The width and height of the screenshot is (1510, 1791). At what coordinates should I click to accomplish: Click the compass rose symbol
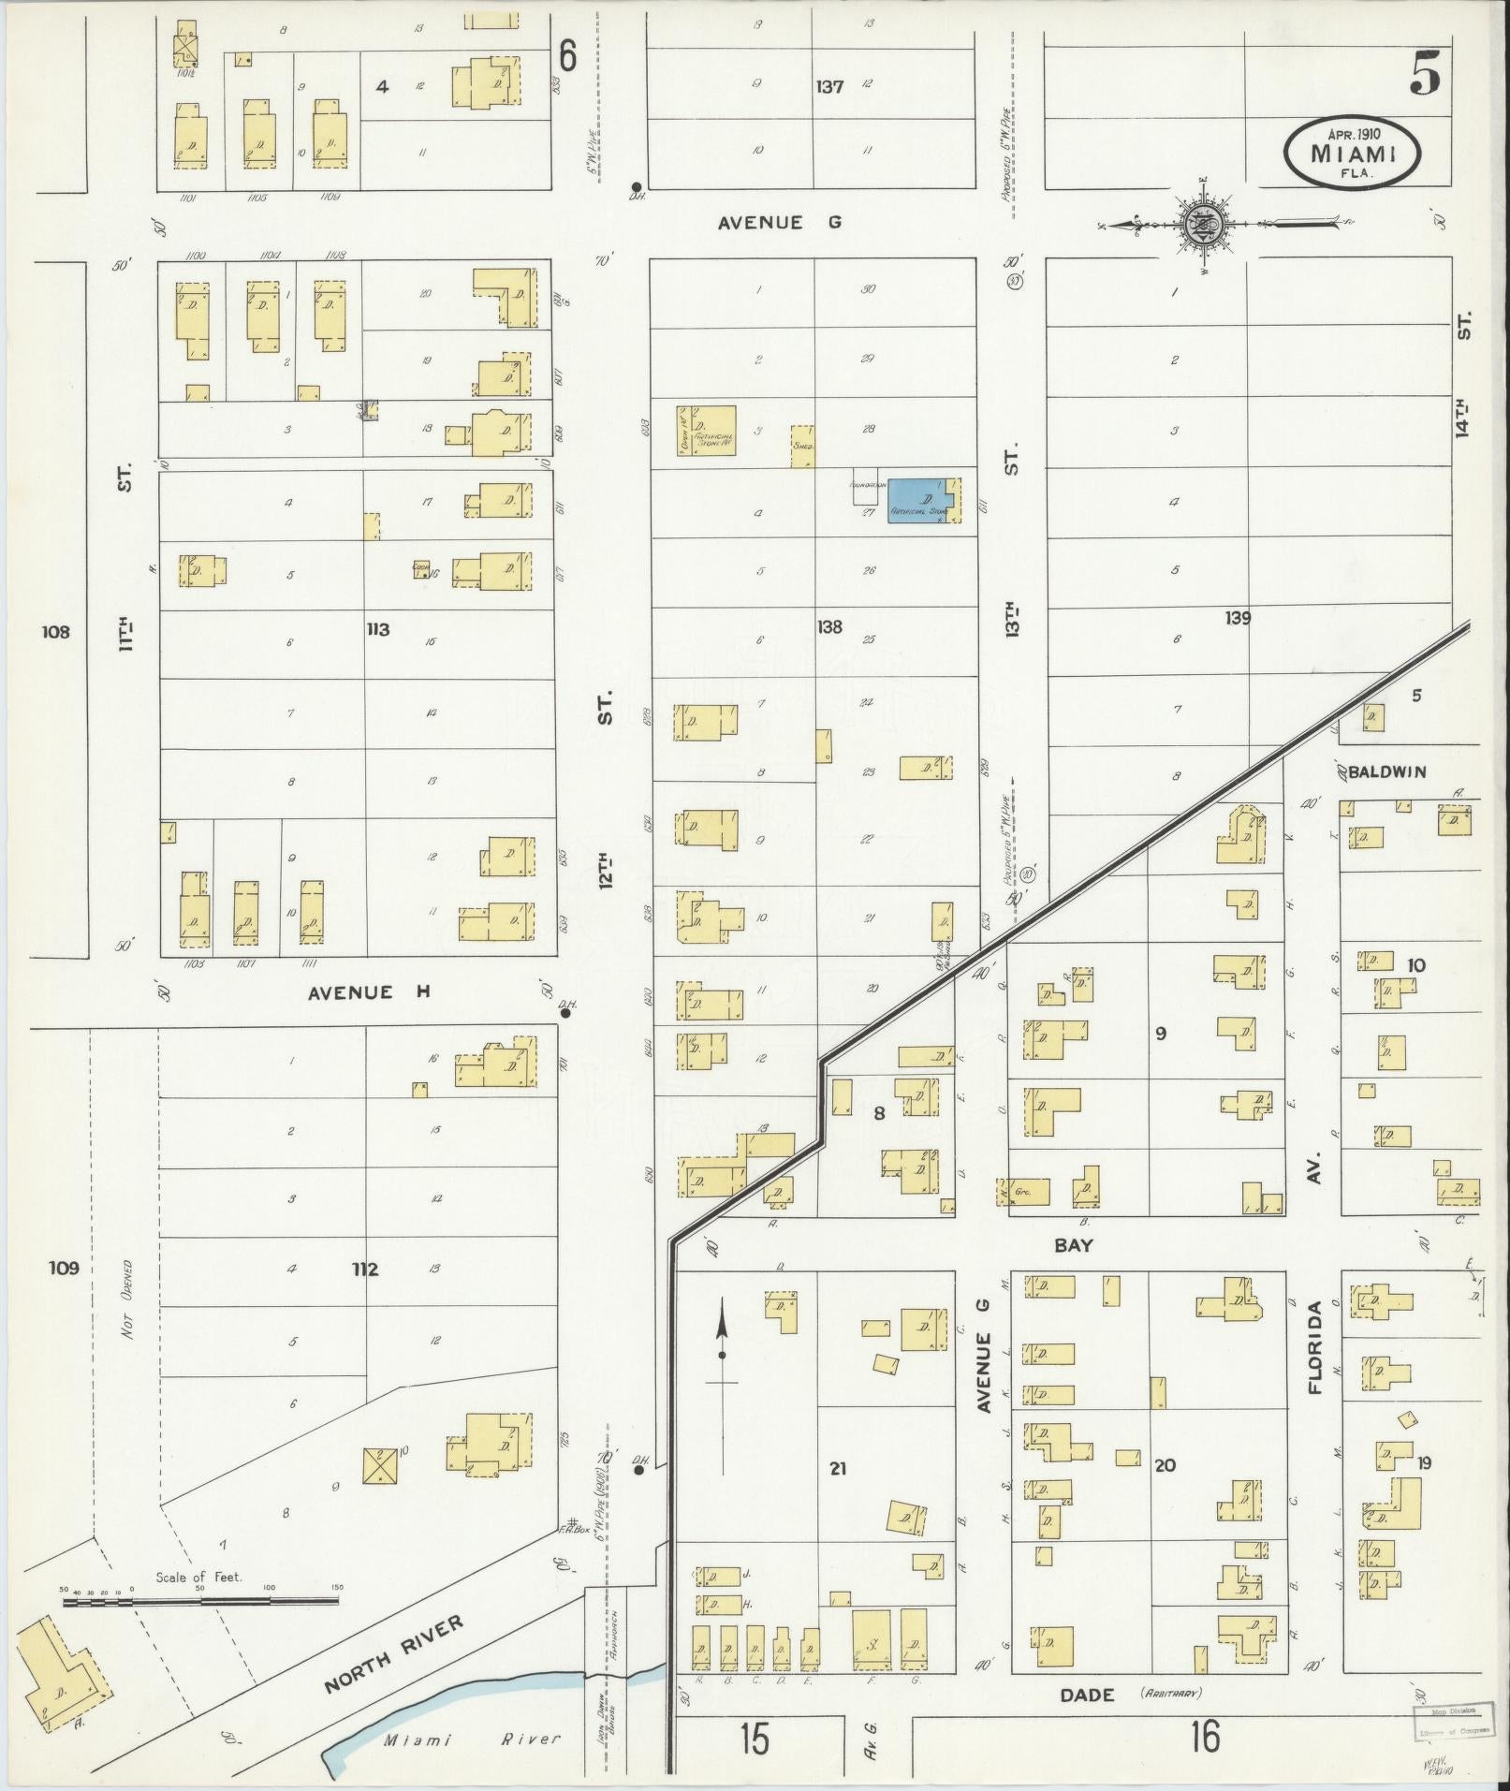(x=1201, y=225)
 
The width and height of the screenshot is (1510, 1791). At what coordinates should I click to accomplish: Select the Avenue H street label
(x=369, y=992)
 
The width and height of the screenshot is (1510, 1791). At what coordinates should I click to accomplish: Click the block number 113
(x=377, y=629)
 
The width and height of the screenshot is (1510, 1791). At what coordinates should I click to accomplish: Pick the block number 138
(x=829, y=627)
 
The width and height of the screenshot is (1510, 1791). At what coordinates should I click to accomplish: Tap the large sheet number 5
(x=1424, y=73)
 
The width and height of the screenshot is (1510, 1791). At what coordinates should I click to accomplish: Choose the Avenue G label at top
(x=780, y=223)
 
